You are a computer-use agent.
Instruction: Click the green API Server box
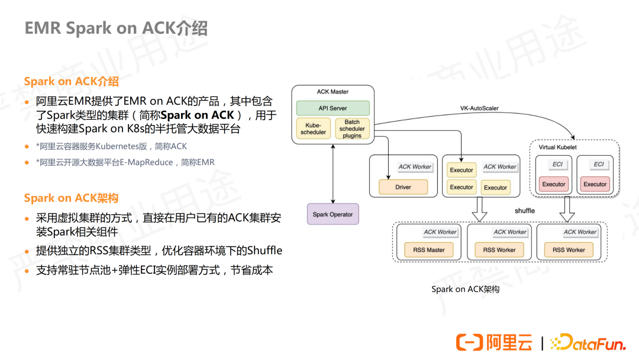click(x=333, y=108)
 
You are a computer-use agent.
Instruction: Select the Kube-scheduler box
click(x=313, y=128)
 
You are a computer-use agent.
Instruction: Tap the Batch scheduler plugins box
click(x=352, y=128)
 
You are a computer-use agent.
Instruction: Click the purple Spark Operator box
click(x=333, y=214)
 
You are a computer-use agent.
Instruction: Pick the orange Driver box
click(x=403, y=187)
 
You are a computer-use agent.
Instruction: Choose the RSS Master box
click(x=429, y=250)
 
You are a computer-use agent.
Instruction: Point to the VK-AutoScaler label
click(x=479, y=108)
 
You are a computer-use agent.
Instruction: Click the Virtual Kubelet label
click(x=557, y=147)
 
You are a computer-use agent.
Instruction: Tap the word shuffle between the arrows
click(x=524, y=211)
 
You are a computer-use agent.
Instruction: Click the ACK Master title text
click(x=333, y=92)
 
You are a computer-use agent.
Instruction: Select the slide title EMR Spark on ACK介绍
click(x=116, y=28)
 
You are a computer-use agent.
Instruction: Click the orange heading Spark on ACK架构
click(x=71, y=198)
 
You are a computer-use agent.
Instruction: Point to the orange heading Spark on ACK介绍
click(x=71, y=81)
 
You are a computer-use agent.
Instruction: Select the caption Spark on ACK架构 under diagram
click(x=465, y=290)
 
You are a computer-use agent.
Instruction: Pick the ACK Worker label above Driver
click(x=415, y=167)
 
